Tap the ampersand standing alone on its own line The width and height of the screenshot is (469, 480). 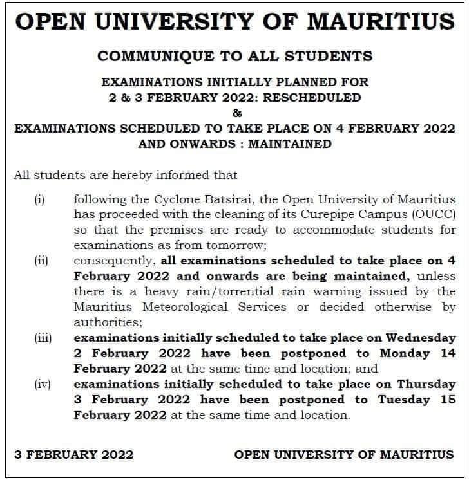[x=235, y=113]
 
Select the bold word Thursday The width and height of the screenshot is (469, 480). [x=426, y=384]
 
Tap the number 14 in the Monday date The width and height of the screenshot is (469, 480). [x=448, y=353]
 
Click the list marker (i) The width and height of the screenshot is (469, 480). [x=39, y=199]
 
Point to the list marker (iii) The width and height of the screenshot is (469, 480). [x=43, y=338]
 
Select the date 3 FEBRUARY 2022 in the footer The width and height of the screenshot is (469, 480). [x=74, y=454]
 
